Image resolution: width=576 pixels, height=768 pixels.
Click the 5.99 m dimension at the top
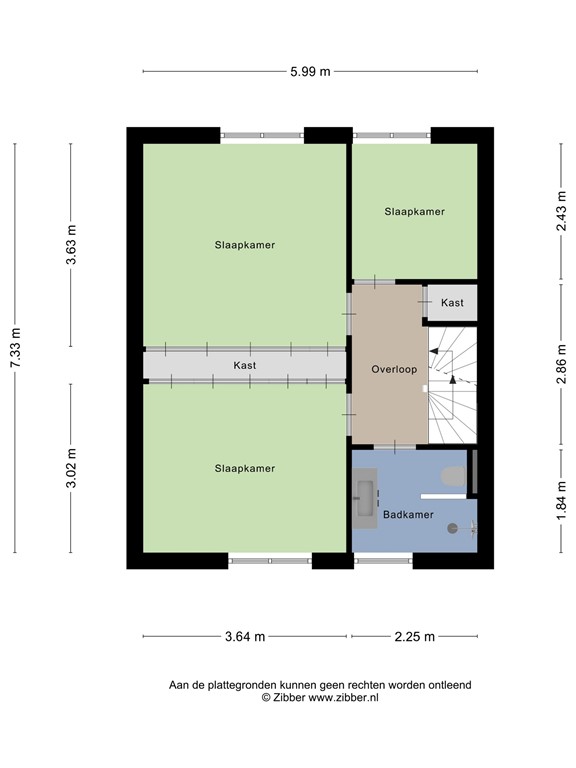click(310, 71)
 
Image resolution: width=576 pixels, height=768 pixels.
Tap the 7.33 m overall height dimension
click(15, 347)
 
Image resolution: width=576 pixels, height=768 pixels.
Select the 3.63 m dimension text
click(71, 245)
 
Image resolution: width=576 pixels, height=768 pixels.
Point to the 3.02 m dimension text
click(71, 468)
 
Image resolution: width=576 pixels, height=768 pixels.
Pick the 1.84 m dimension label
click(561, 497)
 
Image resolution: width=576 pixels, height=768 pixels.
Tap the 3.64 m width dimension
click(245, 636)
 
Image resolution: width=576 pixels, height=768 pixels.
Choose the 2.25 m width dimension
click(414, 636)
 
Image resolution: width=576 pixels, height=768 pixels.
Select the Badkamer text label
click(407, 515)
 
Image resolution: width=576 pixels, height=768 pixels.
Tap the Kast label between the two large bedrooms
click(245, 366)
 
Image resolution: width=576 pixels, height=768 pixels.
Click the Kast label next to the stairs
click(452, 302)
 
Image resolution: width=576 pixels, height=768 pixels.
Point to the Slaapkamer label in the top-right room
click(414, 212)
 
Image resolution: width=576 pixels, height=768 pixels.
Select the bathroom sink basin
click(363, 496)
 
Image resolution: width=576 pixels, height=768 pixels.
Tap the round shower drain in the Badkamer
click(452, 528)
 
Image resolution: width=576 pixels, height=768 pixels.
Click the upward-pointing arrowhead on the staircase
click(452, 379)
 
